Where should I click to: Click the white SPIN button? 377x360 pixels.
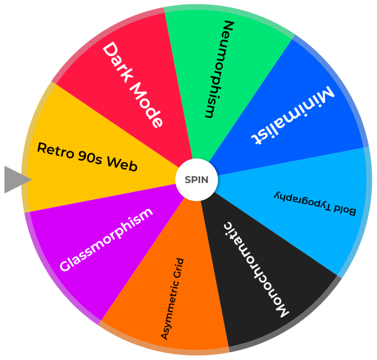tap(197, 180)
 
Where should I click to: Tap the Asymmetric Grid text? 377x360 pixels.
tap(172, 299)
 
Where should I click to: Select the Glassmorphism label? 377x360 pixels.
tap(106, 240)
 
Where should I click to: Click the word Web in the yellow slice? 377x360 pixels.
tap(122, 164)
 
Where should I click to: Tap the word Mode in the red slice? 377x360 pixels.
tap(147, 107)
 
